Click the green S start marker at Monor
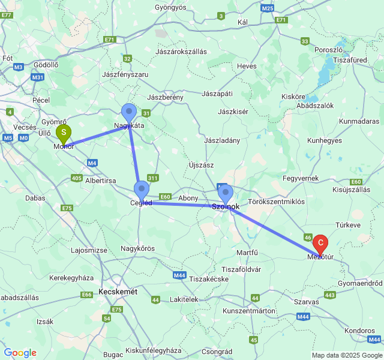pyautogui.click(x=64, y=133)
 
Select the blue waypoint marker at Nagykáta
pyautogui.click(x=129, y=112)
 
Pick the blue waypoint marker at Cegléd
pyautogui.click(x=142, y=190)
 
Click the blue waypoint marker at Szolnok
pyautogui.click(x=226, y=193)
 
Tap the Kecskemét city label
pyautogui.click(x=118, y=292)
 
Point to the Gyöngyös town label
pyautogui.click(x=171, y=7)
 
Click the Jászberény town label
pyautogui.click(x=165, y=97)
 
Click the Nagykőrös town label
pyautogui.click(x=138, y=248)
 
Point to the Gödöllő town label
pyautogui.click(x=46, y=64)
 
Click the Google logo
pyautogui.click(x=20, y=353)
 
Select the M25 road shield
pyautogui.click(x=268, y=8)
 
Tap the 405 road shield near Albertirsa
pyautogui.click(x=76, y=178)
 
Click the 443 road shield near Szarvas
pyautogui.click(x=329, y=295)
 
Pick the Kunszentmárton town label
pyautogui.click(x=248, y=311)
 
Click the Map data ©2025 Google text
pyautogui.click(x=346, y=355)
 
